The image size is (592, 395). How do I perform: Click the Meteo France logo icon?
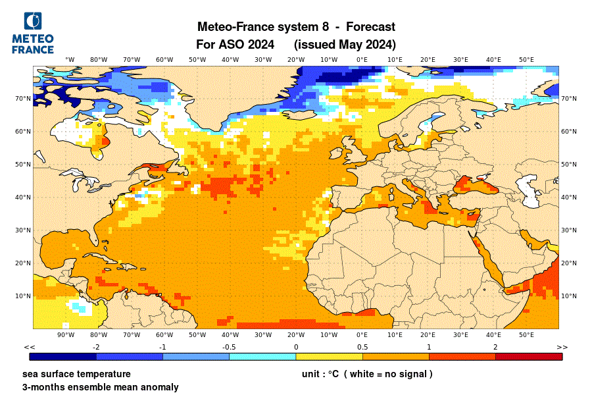[x=33, y=21]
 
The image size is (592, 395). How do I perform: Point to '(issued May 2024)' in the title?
[x=345, y=45]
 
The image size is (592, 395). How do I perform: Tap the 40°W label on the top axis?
[x=230, y=60]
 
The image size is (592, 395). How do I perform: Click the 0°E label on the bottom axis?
[x=362, y=335]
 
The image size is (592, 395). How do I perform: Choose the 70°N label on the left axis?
[x=24, y=99]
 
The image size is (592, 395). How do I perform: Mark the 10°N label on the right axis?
[x=569, y=296]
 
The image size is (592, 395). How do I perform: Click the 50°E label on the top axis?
[x=526, y=60]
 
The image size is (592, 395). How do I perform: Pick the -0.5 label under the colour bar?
[x=229, y=347]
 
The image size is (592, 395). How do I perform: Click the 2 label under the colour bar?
[x=495, y=347]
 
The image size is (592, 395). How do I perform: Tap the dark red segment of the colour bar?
[x=528, y=357]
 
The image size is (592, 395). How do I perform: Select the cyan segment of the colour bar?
[x=262, y=357]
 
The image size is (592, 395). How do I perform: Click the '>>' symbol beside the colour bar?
[x=562, y=347]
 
